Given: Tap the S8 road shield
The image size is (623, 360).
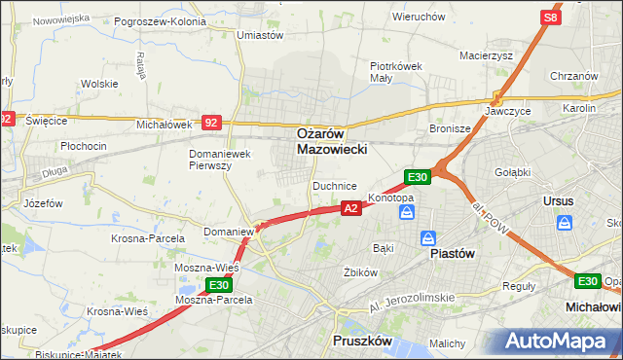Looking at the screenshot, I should [x=552, y=18].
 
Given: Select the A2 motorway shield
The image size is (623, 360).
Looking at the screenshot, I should [x=351, y=207].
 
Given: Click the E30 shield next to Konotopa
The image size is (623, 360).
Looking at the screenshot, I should [x=417, y=176].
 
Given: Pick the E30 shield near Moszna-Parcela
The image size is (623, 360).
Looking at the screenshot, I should [x=218, y=285].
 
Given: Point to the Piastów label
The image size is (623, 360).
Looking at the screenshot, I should [x=452, y=253].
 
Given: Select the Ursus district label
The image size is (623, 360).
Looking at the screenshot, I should [x=562, y=201].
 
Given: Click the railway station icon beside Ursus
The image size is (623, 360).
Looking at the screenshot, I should [x=565, y=223].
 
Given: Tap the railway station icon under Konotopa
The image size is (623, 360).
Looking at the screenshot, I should [x=407, y=211].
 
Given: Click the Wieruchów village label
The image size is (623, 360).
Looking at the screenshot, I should [x=418, y=17].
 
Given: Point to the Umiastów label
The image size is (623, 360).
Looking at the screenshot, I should [x=260, y=35].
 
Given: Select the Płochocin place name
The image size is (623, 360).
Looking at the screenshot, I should [x=83, y=146].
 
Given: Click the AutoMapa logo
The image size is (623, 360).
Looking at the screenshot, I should [x=561, y=341].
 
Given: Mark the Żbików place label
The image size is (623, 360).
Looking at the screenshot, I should [x=360, y=272].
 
